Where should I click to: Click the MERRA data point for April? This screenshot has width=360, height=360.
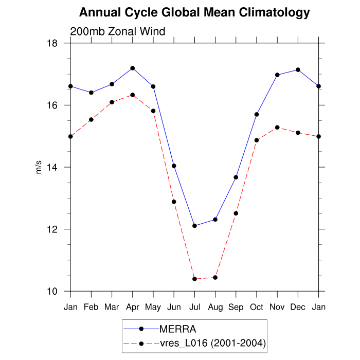click(x=133, y=68)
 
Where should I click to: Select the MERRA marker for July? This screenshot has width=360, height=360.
click(x=194, y=226)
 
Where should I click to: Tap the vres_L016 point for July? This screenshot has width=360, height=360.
click(x=194, y=279)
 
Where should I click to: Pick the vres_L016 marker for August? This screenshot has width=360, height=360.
click(x=215, y=277)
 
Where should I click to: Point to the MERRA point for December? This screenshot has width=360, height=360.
click(x=298, y=69)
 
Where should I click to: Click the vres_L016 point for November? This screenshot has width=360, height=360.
click(x=277, y=127)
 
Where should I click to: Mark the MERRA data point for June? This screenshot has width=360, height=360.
click(x=174, y=166)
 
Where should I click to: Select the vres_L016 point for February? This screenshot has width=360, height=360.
click(x=91, y=119)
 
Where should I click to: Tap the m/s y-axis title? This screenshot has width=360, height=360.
click(x=39, y=167)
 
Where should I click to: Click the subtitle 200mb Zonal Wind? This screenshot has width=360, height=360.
click(x=117, y=31)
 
